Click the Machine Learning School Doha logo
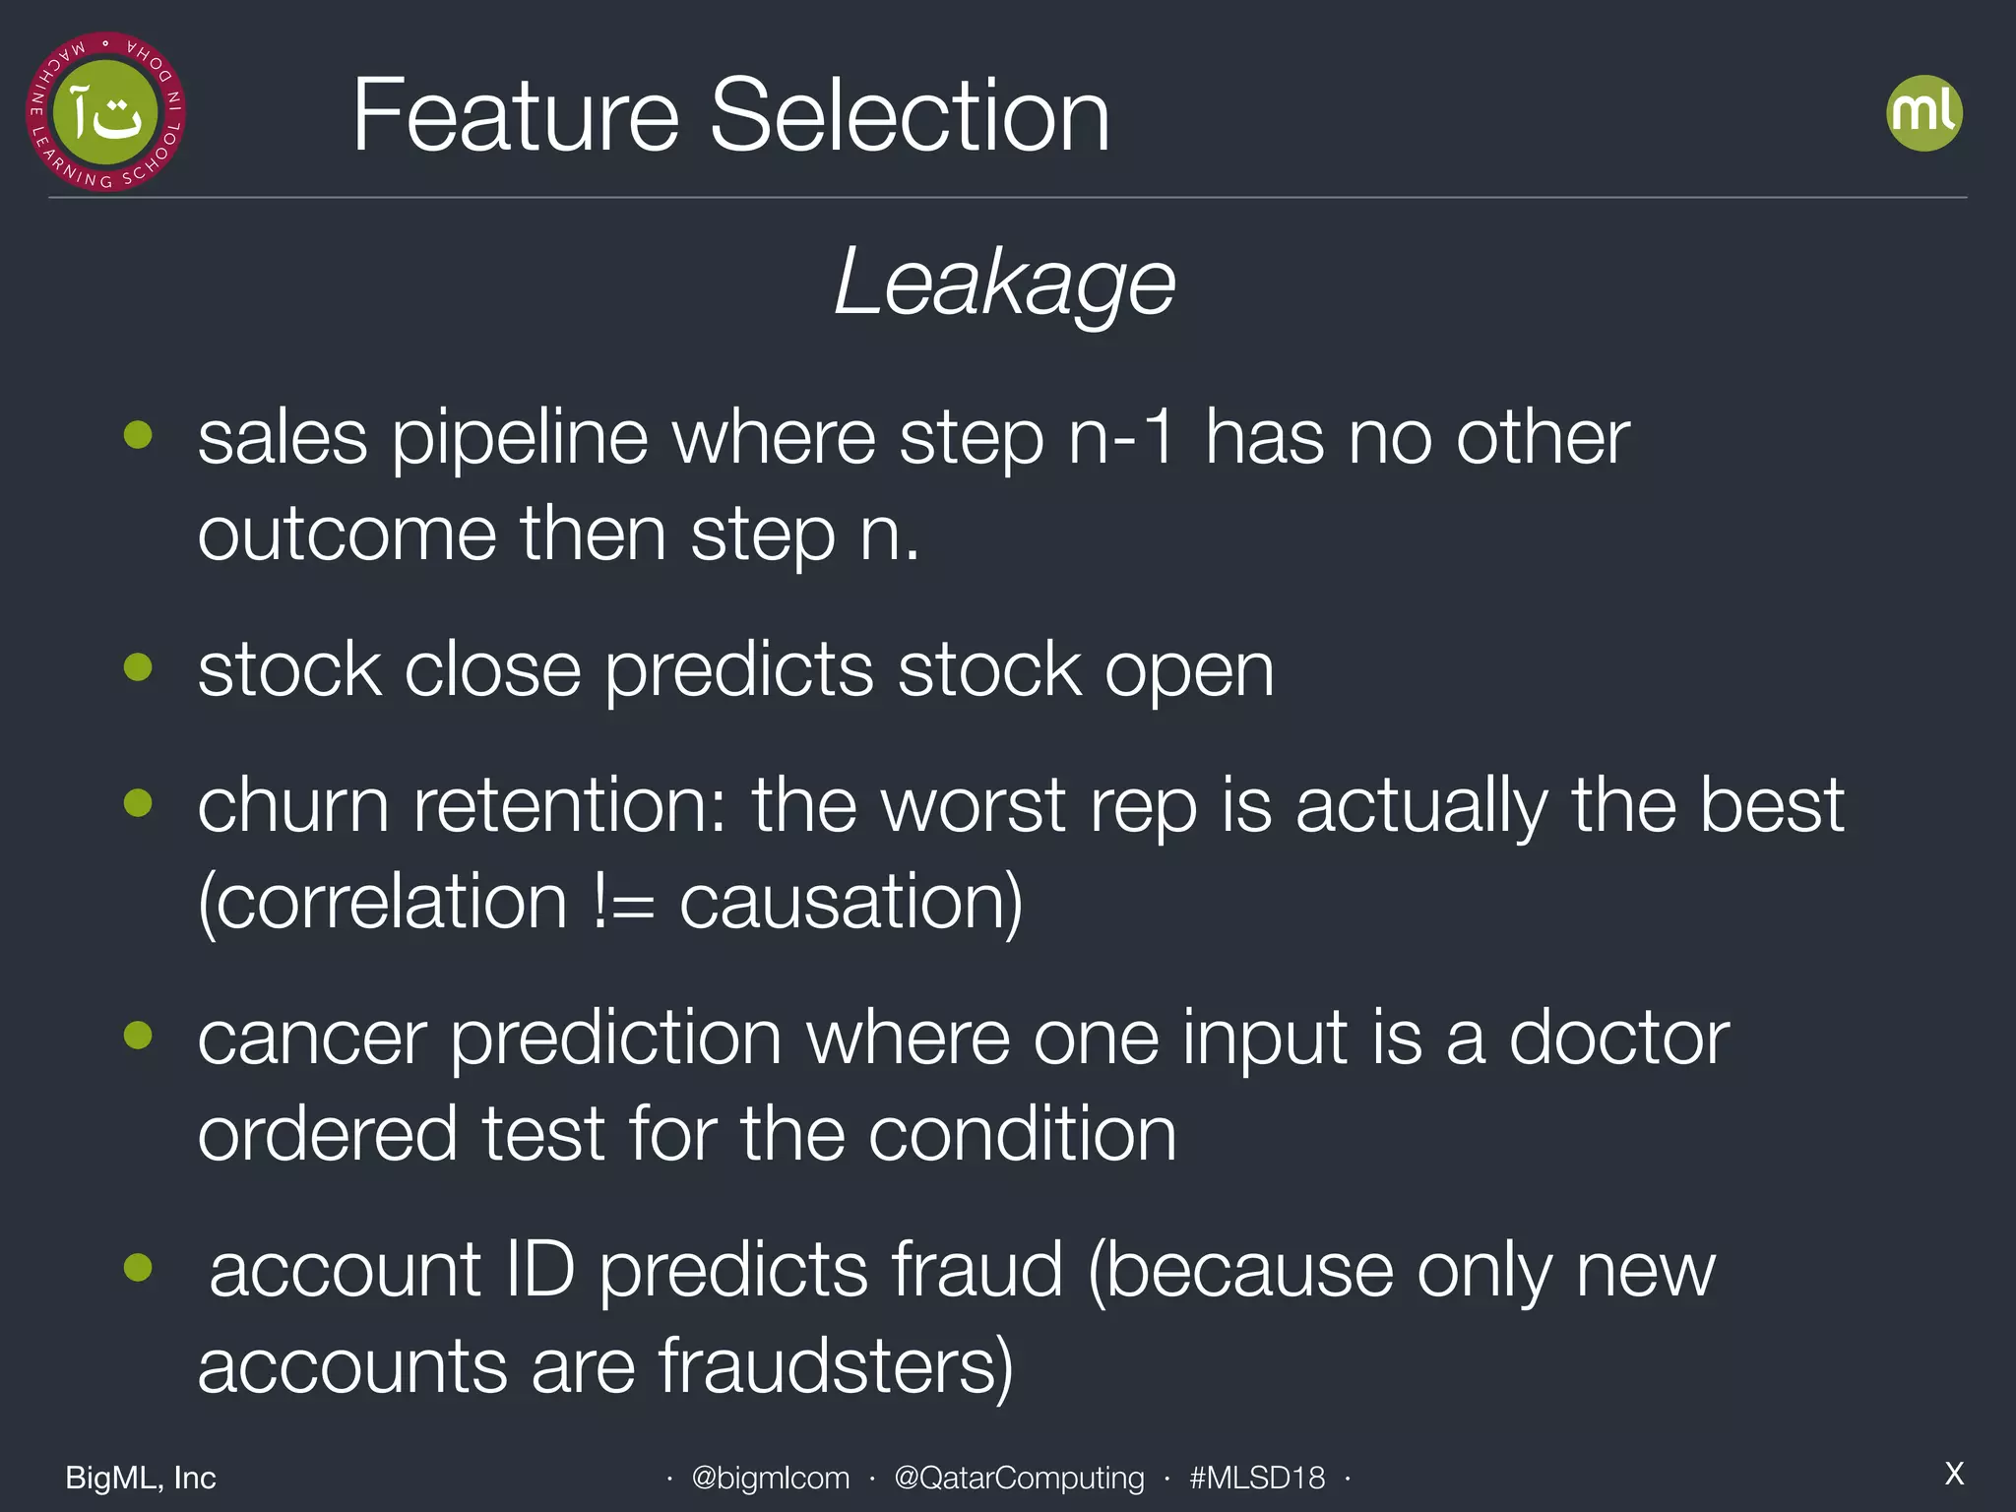(x=105, y=111)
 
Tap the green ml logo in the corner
(x=1923, y=113)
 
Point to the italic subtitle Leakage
(x=1005, y=283)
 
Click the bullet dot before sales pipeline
(x=139, y=434)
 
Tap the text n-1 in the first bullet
(x=1122, y=438)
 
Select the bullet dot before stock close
(x=139, y=667)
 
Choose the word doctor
(x=1618, y=1038)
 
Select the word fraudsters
(x=835, y=1366)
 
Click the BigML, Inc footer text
(x=141, y=1478)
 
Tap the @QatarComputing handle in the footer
(x=1019, y=1478)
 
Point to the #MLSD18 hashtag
(x=1257, y=1478)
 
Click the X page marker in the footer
(x=1954, y=1474)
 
